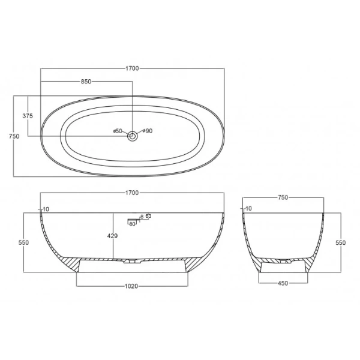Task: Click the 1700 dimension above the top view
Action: (132, 68)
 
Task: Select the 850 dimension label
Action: (86, 82)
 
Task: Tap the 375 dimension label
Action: (28, 116)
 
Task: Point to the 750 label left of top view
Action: (14, 136)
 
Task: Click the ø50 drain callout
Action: (118, 131)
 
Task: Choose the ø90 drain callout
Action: (148, 131)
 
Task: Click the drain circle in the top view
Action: (133, 136)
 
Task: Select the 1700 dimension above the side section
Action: (132, 193)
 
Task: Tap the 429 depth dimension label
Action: (113, 236)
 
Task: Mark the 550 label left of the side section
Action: (23, 242)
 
